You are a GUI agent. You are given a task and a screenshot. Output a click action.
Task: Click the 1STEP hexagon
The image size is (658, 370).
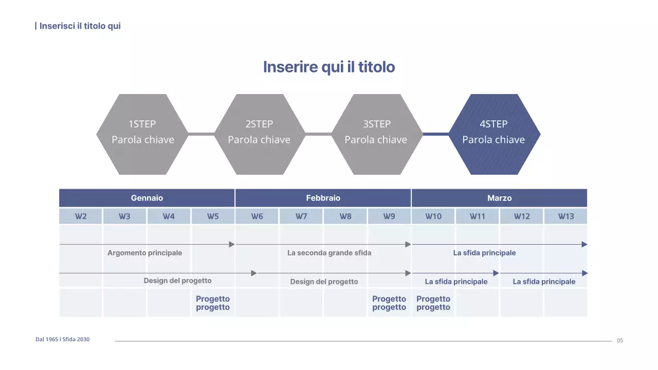[142, 134]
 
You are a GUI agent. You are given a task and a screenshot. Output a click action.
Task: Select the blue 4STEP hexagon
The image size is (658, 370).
[494, 134]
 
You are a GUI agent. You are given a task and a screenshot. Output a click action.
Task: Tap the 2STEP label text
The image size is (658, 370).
[259, 124]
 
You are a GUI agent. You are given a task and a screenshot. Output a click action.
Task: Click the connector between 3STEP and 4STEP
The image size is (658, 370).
[436, 134]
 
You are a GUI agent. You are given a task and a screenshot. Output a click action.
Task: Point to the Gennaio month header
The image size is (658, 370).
[147, 198]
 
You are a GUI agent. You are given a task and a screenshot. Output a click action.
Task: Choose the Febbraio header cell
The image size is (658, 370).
[323, 198]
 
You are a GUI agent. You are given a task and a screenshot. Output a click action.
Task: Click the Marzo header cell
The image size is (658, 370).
[499, 198]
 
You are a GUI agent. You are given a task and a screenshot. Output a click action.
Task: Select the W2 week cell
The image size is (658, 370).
[81, 216]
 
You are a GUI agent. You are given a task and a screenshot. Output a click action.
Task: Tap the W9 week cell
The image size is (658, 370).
[389, 216]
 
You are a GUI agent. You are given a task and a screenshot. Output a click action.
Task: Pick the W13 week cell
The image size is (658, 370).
[565, 216]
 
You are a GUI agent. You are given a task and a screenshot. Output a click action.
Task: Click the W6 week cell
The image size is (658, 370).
[257, 216]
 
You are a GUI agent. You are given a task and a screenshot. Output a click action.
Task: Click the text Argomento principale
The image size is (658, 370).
[144, 253]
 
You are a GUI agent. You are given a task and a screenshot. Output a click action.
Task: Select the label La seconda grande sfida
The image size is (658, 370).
[329, 253]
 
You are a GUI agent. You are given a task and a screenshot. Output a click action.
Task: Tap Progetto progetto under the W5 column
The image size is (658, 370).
[213, 303]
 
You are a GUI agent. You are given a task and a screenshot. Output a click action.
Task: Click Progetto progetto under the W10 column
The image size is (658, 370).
[433, 303]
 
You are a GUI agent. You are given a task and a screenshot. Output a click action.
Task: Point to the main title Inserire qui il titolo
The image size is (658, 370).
[329, 67]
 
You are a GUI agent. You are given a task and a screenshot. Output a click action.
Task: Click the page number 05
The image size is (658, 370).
[620, 341]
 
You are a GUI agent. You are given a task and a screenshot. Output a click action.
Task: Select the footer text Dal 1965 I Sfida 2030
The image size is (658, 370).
[62, 339]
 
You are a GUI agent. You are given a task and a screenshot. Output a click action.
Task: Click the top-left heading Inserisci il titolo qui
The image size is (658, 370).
[80, 26]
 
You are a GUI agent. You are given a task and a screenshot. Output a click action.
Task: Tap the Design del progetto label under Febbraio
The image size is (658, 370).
[324, 282]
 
